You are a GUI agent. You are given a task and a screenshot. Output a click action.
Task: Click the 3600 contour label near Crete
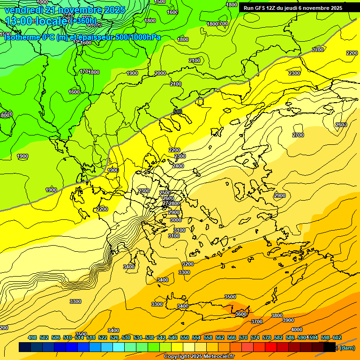pos(241,314)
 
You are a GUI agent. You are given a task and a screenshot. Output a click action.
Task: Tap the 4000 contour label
pos(297,330)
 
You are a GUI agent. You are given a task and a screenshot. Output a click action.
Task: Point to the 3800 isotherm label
pos(277,315)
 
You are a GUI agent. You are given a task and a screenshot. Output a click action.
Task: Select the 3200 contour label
pos(188,264)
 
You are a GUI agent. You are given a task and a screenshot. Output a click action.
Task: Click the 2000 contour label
pos(160,73)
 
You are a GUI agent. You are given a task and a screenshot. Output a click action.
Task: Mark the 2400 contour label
pos(178,166)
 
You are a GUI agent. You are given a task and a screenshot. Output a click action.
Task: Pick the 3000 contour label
pos(175,220)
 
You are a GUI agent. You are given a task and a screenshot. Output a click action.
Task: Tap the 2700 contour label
pos(298,135)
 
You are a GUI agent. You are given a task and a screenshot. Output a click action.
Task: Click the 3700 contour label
pos(257,322)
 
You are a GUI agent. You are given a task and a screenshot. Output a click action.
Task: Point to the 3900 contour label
pos(288,320)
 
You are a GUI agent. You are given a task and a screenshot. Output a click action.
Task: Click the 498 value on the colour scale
pos(32,337)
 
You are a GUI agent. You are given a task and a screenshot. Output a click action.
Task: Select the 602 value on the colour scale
pos(337,337)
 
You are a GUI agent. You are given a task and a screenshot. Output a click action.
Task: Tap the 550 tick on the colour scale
pos(185,337)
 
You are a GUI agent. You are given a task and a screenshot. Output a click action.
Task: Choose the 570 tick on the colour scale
pos(243,337)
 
